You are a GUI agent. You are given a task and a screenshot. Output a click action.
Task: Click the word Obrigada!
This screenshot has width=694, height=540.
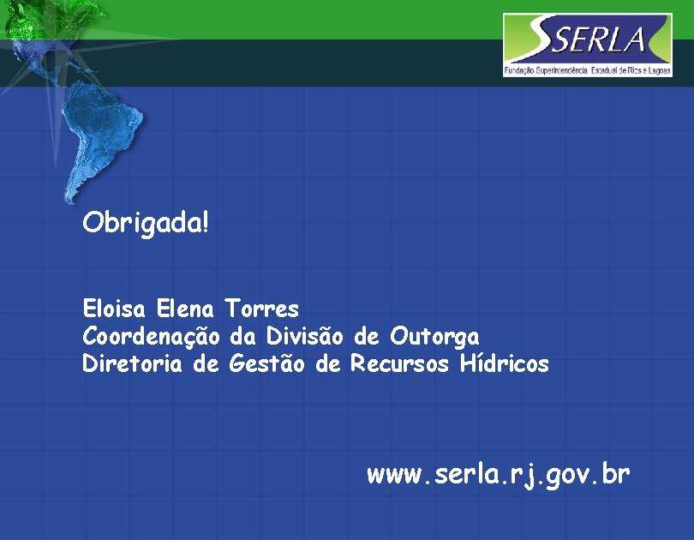coord(145,225)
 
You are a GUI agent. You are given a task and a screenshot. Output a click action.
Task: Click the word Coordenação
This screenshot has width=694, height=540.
coord(152,336)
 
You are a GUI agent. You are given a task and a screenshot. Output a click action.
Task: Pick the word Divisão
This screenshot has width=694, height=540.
coord(305,335)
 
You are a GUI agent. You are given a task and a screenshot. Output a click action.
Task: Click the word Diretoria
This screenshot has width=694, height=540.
coord(132,364)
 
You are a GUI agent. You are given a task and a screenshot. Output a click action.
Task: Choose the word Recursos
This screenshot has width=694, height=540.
coord(399,364)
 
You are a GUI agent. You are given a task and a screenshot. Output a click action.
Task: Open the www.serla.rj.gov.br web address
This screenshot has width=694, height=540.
coord(499,474)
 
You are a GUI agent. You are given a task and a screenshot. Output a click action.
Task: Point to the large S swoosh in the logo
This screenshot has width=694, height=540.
coord(536,39)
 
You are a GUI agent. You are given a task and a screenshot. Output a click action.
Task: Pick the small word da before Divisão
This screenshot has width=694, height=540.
coord(244,335)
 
